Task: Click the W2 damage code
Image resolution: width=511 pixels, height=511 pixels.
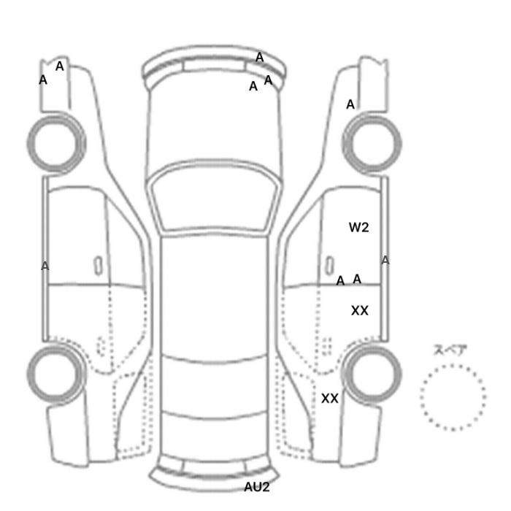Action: click(359, 228)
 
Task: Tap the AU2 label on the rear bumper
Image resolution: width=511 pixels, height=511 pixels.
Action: click(257, 487)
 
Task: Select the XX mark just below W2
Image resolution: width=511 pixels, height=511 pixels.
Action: click(360, 311)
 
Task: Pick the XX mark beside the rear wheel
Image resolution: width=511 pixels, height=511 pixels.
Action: click(330, 399)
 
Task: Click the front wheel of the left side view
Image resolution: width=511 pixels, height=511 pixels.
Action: click(56, 143)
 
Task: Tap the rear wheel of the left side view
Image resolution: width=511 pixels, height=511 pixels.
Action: click(55, 374)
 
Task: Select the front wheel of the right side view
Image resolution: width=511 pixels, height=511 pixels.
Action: click(372, 143)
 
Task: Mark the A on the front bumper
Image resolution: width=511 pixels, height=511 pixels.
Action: click(259, 58)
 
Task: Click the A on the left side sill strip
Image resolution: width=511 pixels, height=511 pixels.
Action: click(45, 266)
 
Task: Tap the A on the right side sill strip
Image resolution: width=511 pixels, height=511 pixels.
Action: click(385, 261)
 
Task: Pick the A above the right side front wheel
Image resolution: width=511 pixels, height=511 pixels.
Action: click(350, 104)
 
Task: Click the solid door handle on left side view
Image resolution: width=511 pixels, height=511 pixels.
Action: click(98, 266)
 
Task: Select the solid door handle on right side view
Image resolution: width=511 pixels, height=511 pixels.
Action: click(330, 266)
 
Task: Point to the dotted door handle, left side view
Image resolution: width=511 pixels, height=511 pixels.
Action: click(101, 347)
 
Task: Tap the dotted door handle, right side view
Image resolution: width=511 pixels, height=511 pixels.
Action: click(327, 347)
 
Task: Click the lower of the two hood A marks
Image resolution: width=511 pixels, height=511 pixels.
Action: click(253, 86)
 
